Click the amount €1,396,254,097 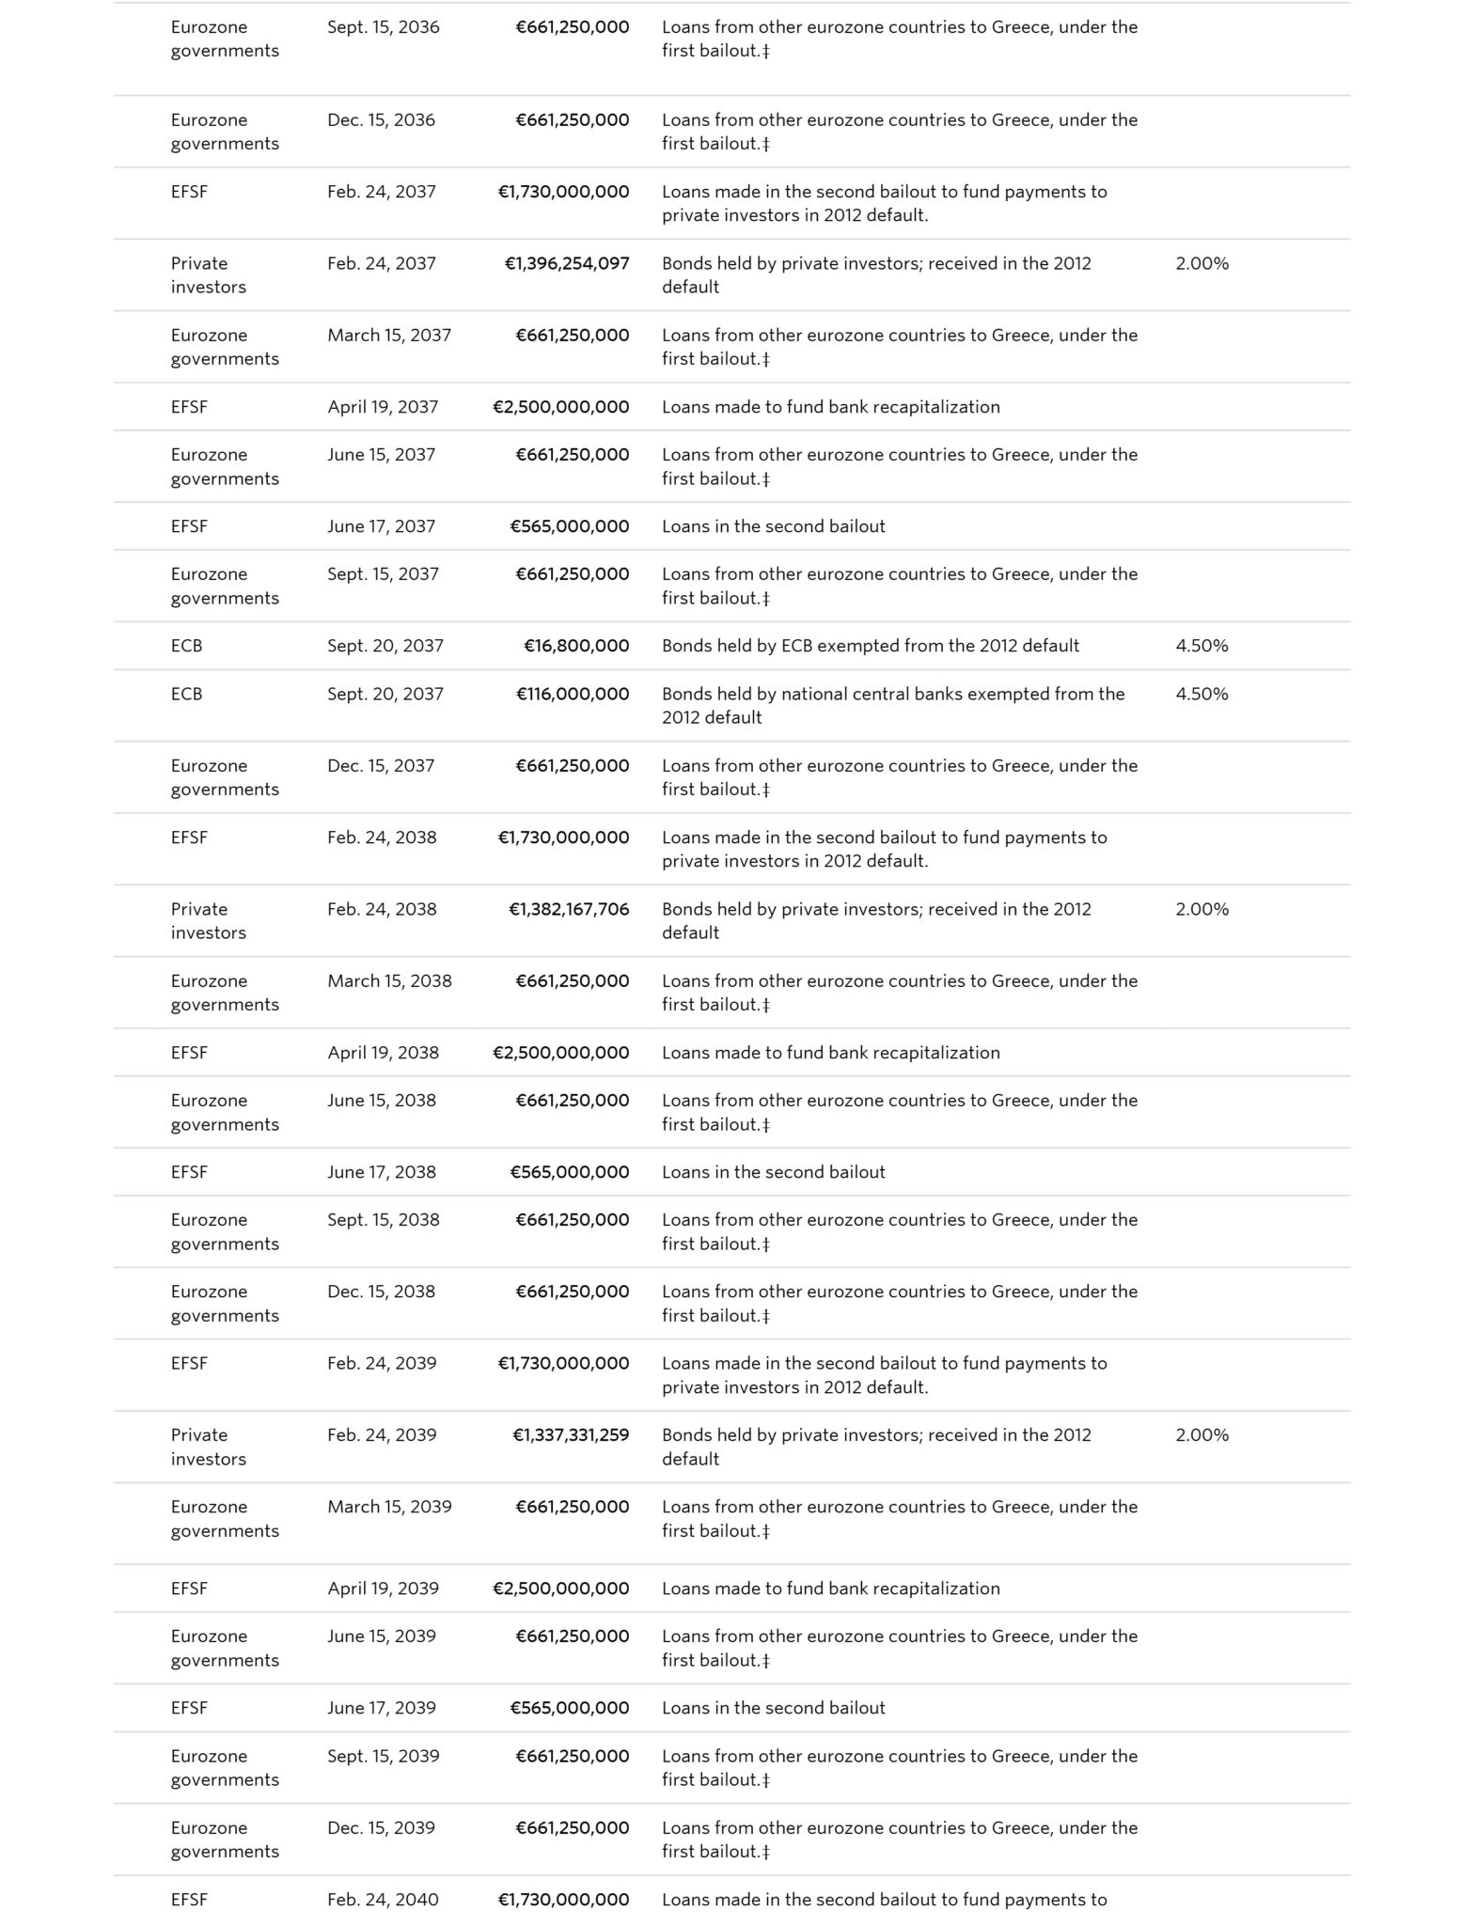(x=567, y=263)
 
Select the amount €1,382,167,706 (x=569, y=909)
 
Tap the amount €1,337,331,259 (x=571, y=1434)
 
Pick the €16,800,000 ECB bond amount (x=576, y=646)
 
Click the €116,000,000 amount (x=573, y=694)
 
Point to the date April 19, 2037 (x=383, y=407)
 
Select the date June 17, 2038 (x=382, y=1172)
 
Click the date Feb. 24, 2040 (x=383, y=1900)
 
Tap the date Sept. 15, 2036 (x=384, y=27)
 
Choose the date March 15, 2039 (x=389, y=1507)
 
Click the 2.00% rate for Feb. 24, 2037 (x=1202, y=263)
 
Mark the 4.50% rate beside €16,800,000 (x=1202, y=646)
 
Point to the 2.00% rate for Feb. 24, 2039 (x=1202, y=1434)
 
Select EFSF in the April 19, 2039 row (x=189, y=1589)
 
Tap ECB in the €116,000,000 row (x=186, y=694)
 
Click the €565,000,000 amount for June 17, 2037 (x=570, y=526)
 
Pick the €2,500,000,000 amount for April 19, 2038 (x=561, y=1053)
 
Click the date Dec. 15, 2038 (x=381, y=1291)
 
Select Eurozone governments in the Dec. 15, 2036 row (x=225, y=132)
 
